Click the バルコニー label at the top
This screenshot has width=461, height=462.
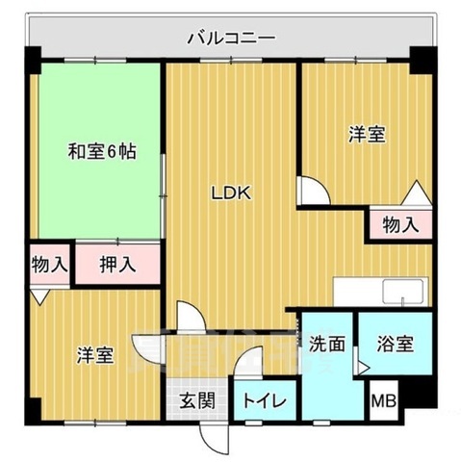click(x=230, y=38)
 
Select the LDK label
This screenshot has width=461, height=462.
click(x=231, y=192)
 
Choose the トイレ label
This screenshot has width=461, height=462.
click(x=262, y=401)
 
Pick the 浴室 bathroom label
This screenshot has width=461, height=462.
click(x=396, y=344)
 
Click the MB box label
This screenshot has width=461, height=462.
click(x=384, y=401)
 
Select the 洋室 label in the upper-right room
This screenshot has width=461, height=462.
click(x=366, y=136)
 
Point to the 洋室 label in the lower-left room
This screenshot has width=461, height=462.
click(x=95, y=355)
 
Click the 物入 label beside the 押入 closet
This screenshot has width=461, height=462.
click(x=48, y=264)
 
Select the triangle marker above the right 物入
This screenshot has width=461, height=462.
click(x=417, y=193)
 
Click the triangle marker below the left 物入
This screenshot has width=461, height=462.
click(x=38, y=297)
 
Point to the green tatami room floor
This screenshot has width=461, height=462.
click(x=96, y=192)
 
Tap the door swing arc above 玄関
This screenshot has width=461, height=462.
click(x=189, y=318)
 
